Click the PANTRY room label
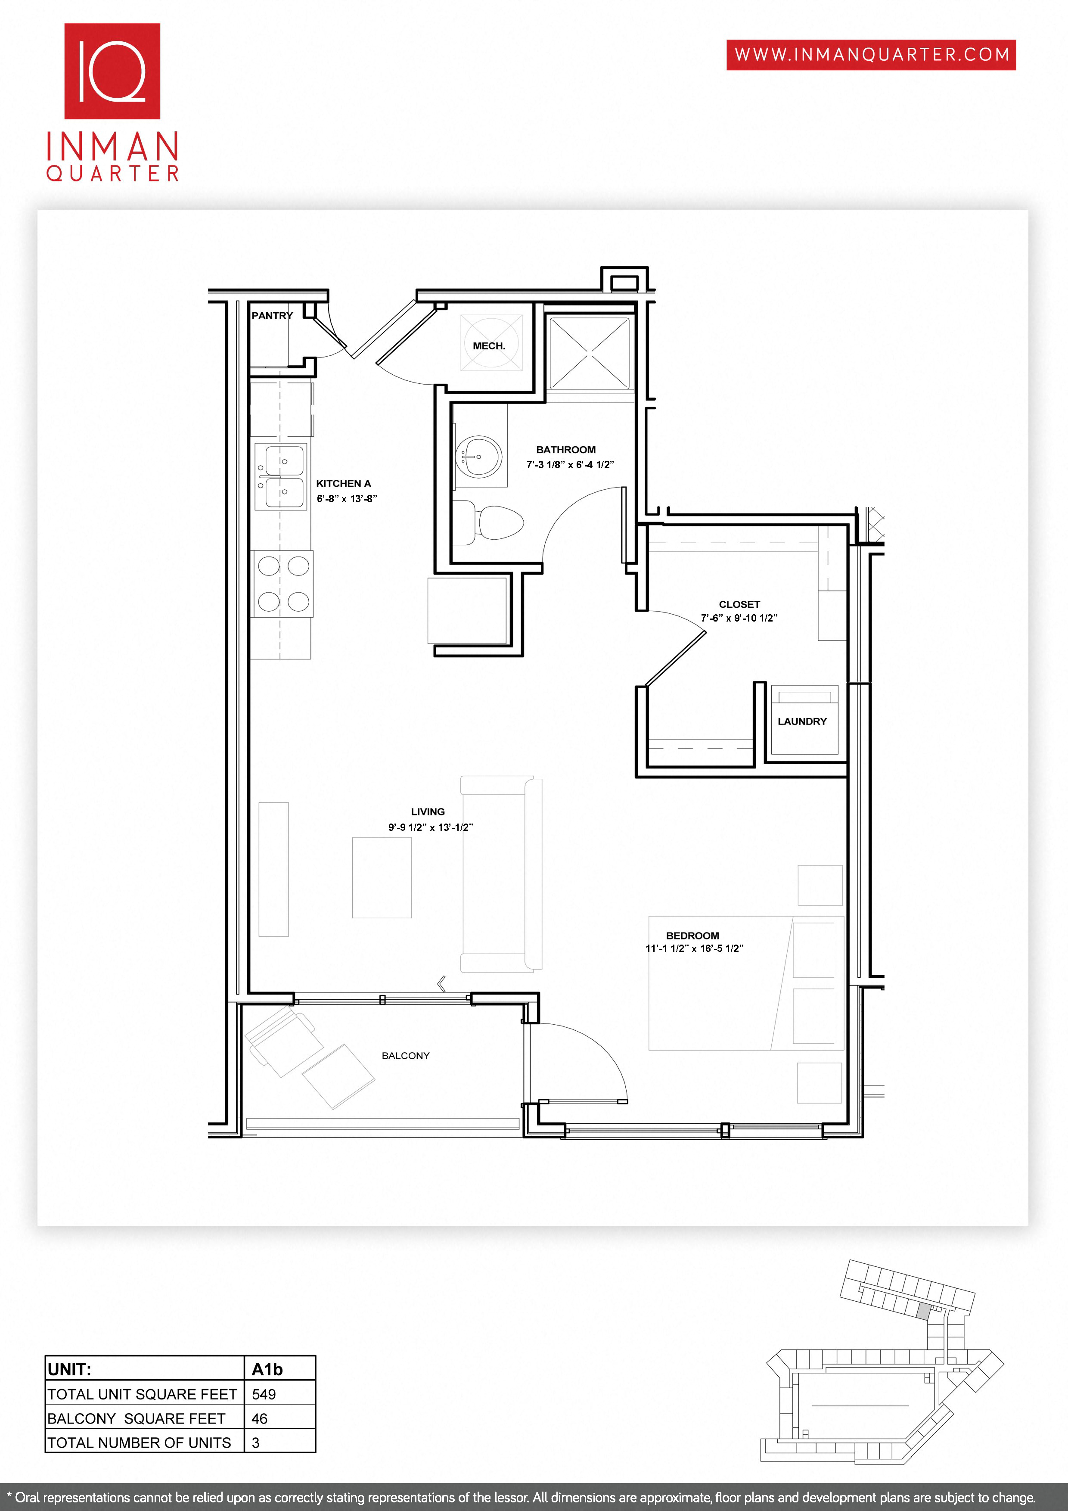pos(272,316)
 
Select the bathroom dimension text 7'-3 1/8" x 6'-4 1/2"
pos(570,465)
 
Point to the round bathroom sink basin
pos(479,455)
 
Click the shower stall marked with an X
pos(589,353)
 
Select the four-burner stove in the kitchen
pos(283,584)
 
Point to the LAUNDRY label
pos(802,722)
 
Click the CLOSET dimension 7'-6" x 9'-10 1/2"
pos(739,618)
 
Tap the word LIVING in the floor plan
pos(428,812)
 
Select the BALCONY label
pos(405,1056)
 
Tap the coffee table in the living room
pos(382,877)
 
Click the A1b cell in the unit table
pos(267,1370)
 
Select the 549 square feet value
pos(264,1394)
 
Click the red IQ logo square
pos(112,71)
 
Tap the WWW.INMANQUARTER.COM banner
pos(871,55)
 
